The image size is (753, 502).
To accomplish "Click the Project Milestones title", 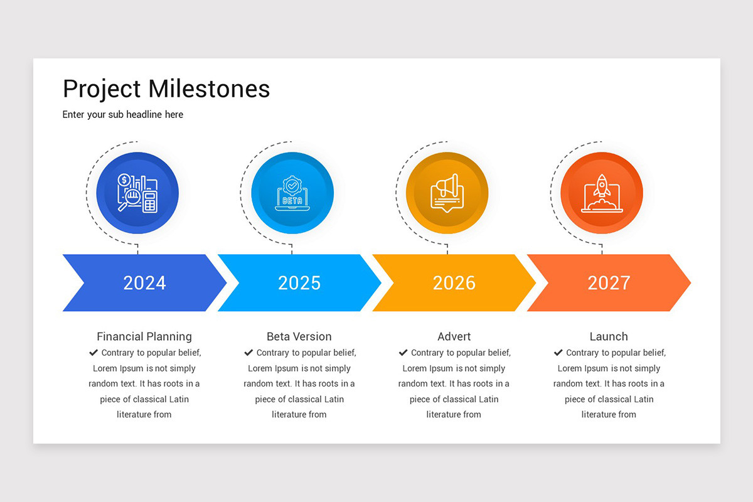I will tap(166, 89).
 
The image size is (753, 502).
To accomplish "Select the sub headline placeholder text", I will tap(123, 115).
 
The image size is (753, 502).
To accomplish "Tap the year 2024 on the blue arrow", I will tap(144, 283).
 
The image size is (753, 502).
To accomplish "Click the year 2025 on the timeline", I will tap(299, 283).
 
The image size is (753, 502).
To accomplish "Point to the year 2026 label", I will tap(454, 283).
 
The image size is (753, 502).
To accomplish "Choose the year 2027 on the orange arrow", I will tap(609, 283).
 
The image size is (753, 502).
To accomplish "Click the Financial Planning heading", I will tap(144, 336).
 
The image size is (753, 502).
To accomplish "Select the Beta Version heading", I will tap(299, 336).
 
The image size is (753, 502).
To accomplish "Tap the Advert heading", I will tap(454, 336).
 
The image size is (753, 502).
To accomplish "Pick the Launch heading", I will tap(609, 336).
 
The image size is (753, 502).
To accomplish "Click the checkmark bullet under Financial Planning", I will tap(93, 353).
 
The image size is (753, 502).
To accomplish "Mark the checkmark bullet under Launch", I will tap(558, 353).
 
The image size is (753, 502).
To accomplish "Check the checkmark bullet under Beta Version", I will tap(248, 353).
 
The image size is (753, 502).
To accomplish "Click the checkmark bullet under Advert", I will tap(403, 353).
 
